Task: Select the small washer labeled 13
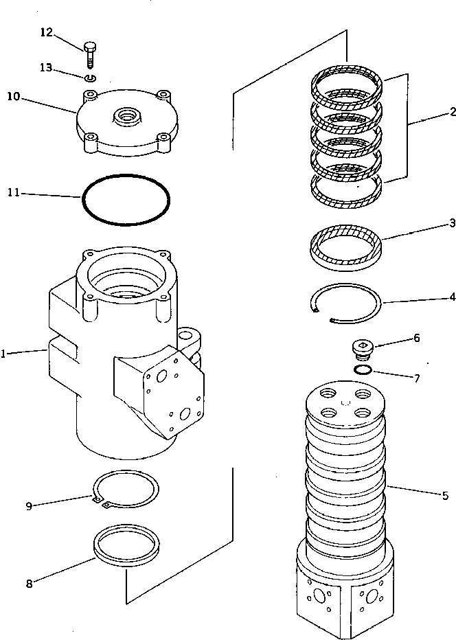[x=90, y=78]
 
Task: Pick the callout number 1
[x=5, y=354]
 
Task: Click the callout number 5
[x=445, y=495]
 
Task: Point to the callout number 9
[x=29, y=506]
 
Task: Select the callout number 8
[x=29, y=584]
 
